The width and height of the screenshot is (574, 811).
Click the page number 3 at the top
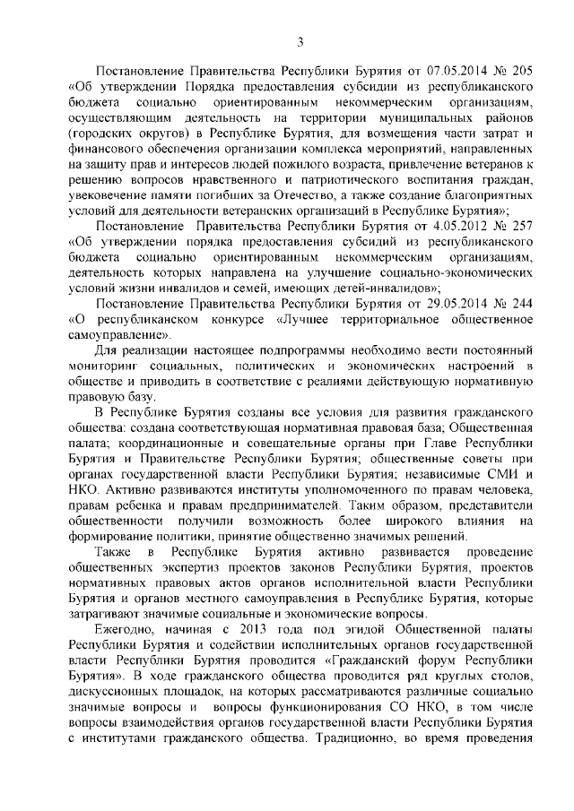point(300,40)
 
